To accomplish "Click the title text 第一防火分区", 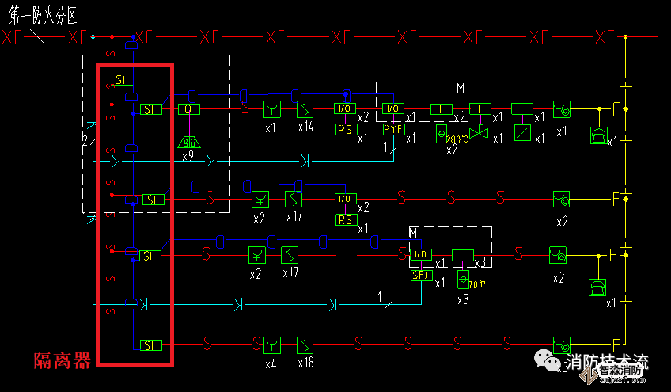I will (47, 13).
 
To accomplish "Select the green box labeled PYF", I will (393, 129).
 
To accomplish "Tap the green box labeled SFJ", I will (421, 276).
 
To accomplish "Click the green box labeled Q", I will (189, 109).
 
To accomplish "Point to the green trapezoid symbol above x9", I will (188, 143).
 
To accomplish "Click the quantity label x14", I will (306, 127).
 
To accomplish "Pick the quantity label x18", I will (306, 363).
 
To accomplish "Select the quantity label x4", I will (271, 363).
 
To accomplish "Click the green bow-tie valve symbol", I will (479, 133).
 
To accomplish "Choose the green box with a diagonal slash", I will (521, 132).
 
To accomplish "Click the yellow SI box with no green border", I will (121, 80).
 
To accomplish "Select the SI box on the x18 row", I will (150, 344).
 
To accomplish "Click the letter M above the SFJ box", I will (413, 231).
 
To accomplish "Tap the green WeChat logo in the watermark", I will (548, 362).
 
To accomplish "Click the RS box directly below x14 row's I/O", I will (346, 130).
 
